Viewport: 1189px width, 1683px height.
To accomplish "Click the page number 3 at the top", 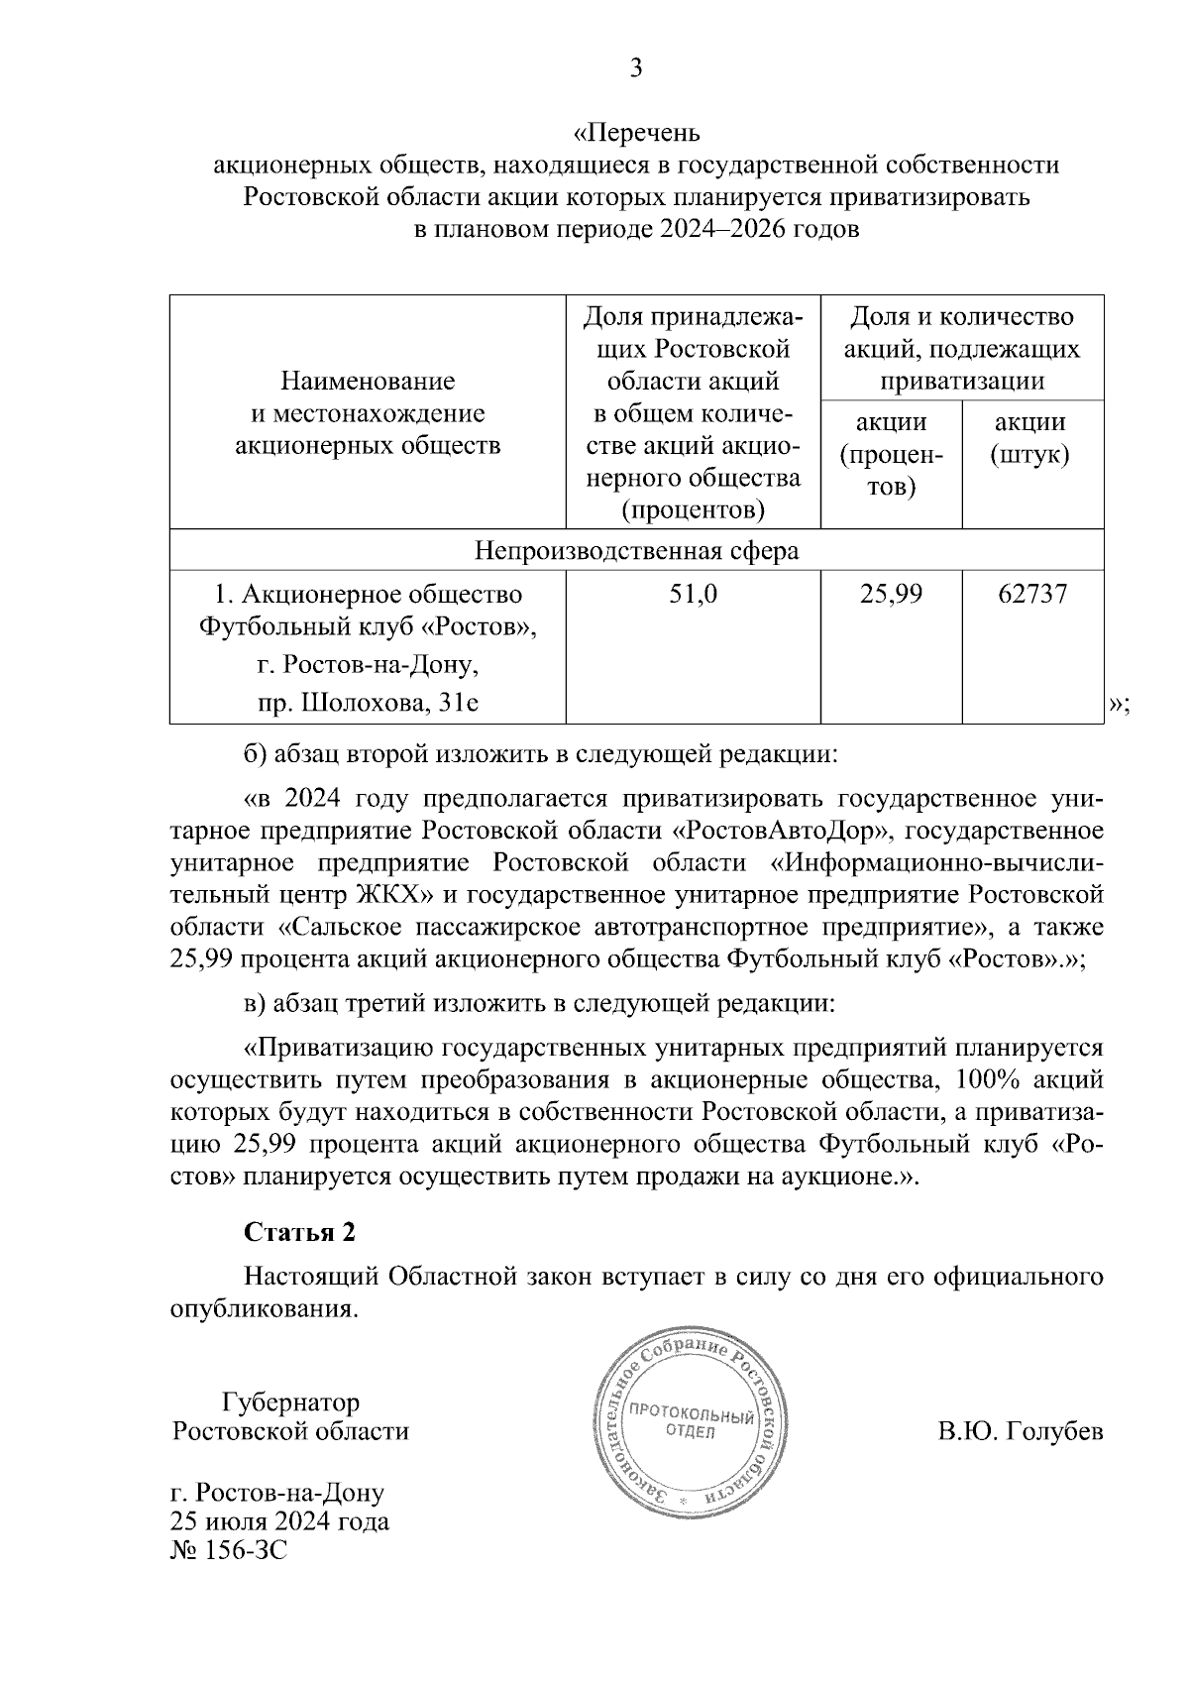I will (x=636, y=67).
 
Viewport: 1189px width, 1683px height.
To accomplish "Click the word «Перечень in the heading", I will (x=637, y=132).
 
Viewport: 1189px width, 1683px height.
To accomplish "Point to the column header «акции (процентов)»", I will (x=891, y=455).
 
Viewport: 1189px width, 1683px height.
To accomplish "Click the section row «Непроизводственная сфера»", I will (x=636, y=550).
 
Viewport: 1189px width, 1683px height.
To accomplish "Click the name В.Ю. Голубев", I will (x=1020, y=1432).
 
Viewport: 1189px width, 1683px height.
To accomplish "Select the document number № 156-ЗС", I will (x=229, y=1551).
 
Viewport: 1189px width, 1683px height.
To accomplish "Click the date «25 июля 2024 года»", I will (x=279, y=1521).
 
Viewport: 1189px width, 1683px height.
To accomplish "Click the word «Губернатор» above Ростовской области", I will (x=291, y=1402).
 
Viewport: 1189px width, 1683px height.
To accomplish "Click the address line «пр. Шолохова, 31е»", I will (x=368, y=703).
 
